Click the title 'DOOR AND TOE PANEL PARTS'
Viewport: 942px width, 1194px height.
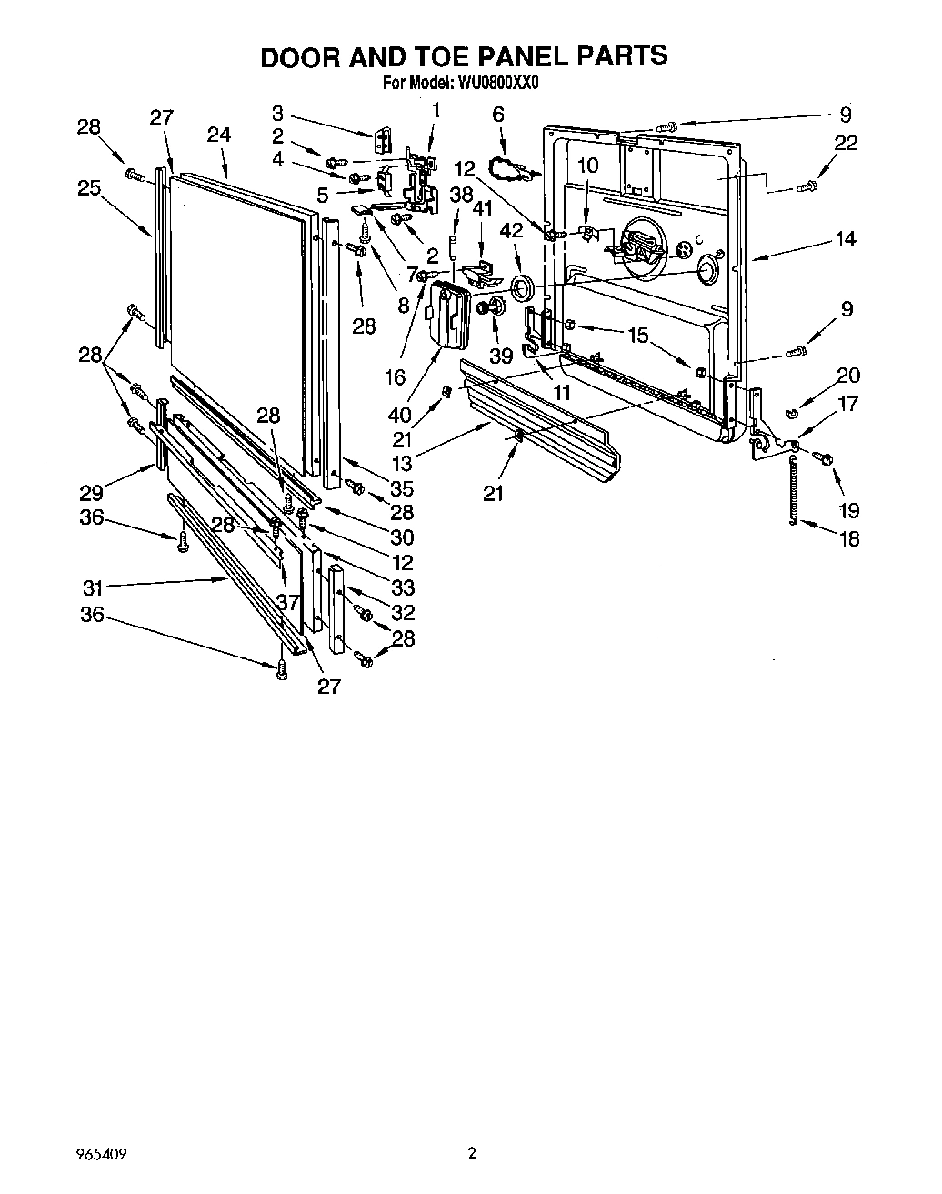click(464, 55)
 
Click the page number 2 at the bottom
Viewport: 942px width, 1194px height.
click(471, 1154)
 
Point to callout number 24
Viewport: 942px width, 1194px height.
click(218, 135)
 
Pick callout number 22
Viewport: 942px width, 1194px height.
click(846, 144)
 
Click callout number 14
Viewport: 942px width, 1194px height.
click(846, 239)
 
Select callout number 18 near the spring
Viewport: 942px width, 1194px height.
click(848, 538)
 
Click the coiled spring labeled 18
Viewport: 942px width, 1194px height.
click(795, 492)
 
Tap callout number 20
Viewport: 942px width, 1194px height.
click(847, 376)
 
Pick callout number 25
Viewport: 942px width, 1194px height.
click(88, 187)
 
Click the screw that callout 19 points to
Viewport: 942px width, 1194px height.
click(825, 458)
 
